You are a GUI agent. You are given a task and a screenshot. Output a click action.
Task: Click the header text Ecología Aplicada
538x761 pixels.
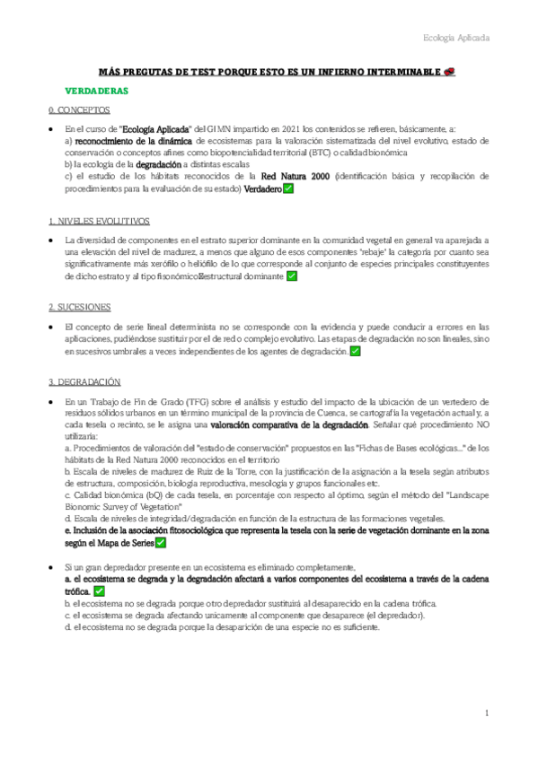coord(456,39)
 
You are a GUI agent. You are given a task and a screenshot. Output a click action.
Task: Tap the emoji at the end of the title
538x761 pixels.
coord(449,72)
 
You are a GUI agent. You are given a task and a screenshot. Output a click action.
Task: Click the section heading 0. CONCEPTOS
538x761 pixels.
coord(78,110)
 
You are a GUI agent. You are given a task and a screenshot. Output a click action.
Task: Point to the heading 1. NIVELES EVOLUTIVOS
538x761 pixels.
coord(99,221)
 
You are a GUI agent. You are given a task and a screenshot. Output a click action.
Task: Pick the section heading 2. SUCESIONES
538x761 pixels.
coord(79,307)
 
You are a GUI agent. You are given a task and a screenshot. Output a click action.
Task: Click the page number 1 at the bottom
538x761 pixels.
coord(485,713)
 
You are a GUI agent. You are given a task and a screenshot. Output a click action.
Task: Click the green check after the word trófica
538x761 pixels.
coord(99,592)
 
